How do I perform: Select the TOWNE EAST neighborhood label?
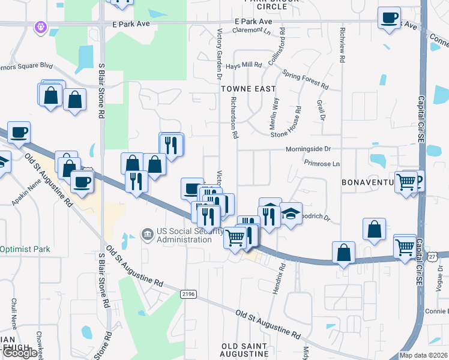[x=248, y=88]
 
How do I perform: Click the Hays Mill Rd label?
[x=244, y=65]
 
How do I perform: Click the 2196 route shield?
[x=188, y=293]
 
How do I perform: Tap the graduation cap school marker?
[x=291, y=214]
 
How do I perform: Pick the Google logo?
[x=20, y=352]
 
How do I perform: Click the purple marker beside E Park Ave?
[x=41, y=26]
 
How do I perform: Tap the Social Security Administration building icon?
[x=146, y=233]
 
